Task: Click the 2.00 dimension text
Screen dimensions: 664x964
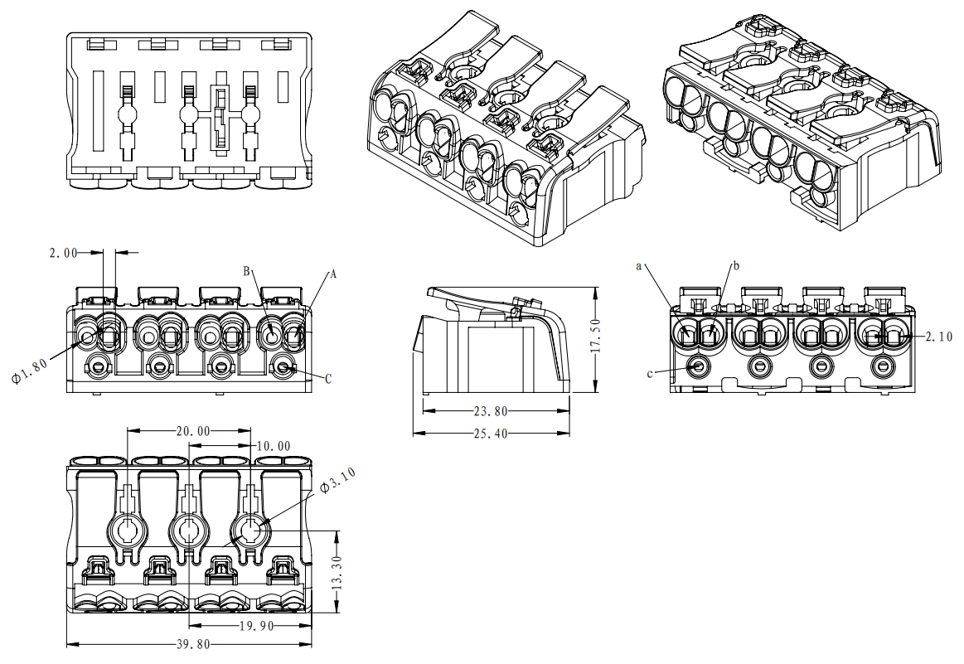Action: [64, 253]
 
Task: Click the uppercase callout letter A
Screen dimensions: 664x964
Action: [333, 273]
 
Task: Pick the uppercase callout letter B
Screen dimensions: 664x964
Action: [246, 271]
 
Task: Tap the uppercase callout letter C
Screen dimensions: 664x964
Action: [328, 379]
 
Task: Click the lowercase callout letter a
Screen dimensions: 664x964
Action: [639, 265]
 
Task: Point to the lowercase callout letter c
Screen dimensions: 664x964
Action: [649, 373]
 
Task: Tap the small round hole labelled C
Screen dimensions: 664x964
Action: [284, 366]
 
